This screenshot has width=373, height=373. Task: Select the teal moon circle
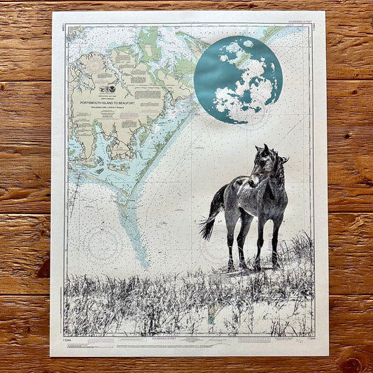point(238,79)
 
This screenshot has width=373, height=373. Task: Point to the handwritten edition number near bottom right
point(301,342)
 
